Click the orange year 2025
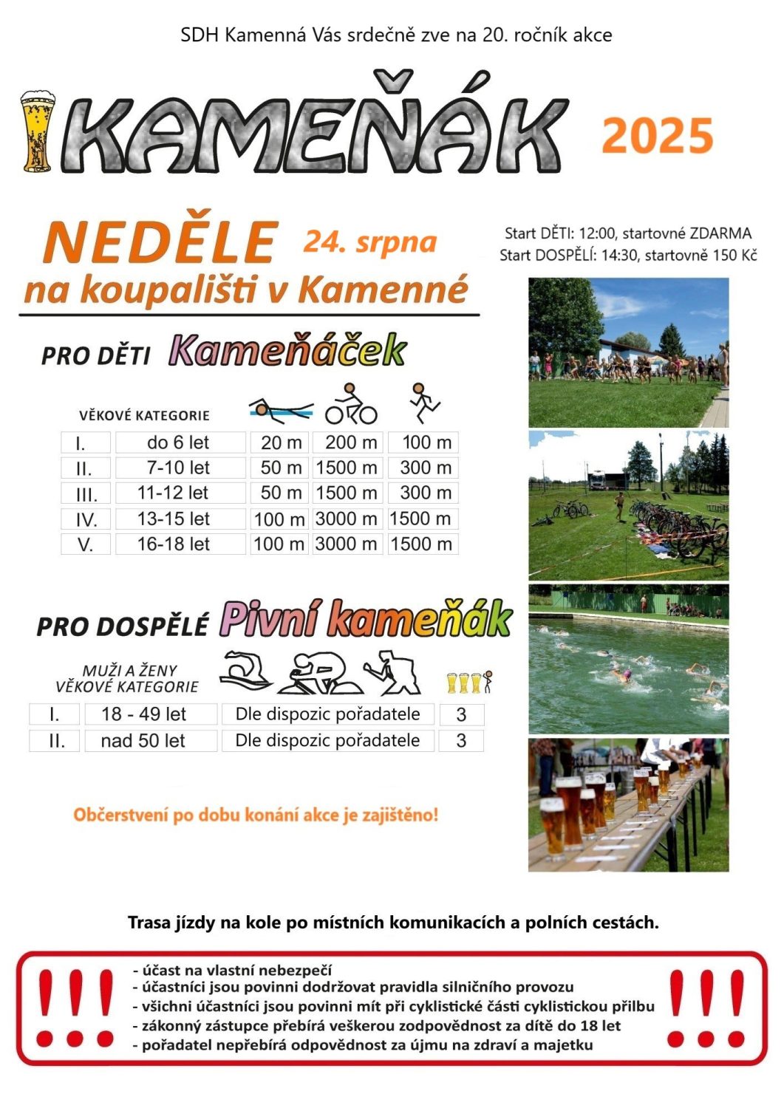(x=658, y=136)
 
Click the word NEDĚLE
(x=160, y=242)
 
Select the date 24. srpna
(x=369, y=242)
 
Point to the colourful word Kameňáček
(x=287, y=350)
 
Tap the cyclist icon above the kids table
(x=351, y=405)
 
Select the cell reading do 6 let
(x=178, y=442)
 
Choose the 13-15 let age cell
(x=174, y=519)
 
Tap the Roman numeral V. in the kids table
(x=86, y=544)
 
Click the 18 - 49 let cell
(x=143, y=714)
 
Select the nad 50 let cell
(x=143, y=741)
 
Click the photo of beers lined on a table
(x=628, y=804)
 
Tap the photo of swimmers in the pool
(x=628, y=659)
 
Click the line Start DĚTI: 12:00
(x=560, y=233)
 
